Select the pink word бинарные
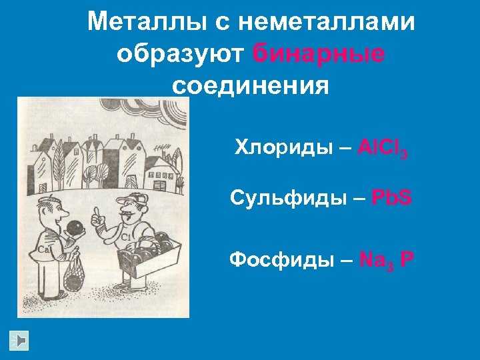(x=319, y=55)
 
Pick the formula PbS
(x=391, y=198)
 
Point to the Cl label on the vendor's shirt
(x=125, y=237)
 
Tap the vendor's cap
(x=133, y=199)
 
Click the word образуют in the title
(x=181, y=55)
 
